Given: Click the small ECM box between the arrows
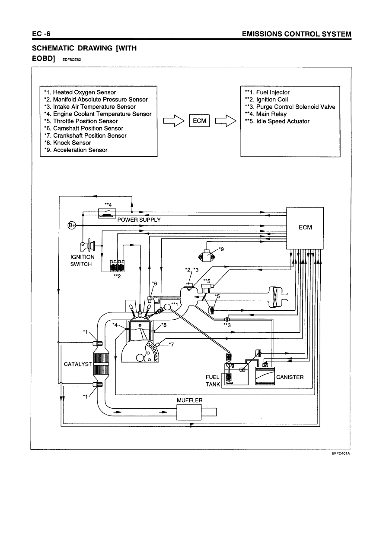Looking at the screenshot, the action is click(x=199, y=121).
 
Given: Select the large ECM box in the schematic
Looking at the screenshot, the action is click(x=305, y=228).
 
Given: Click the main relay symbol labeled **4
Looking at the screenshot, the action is click(x=107, y=213).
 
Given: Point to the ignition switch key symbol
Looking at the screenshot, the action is click(x=87, y=245).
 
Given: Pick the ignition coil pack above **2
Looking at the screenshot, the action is click(x=117, y=266).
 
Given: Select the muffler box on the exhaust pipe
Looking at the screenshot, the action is click(x=189, y=412).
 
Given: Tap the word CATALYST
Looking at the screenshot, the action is click(x=78, y=364).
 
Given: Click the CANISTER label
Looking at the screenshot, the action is click(x=290, y=377).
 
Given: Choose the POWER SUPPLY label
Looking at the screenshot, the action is click(x=139, y=220).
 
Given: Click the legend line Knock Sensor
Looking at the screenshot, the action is click(x=67, y=143).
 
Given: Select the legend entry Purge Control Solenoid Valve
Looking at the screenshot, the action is click(x=290, y=107).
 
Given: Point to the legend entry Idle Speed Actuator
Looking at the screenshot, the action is click(x=277, y=121).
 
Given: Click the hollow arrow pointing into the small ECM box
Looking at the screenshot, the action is click(x=173, y=121).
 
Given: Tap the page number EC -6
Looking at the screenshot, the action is click(x=41, y=34).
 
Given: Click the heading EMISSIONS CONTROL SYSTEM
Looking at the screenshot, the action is click(x=297, y=34).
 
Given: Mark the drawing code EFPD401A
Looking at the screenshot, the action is click(x=341, y=453).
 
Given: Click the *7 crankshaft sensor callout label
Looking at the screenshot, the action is click(x=171, y=344).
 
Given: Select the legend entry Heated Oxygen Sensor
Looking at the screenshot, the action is click(x=80, y=92).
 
